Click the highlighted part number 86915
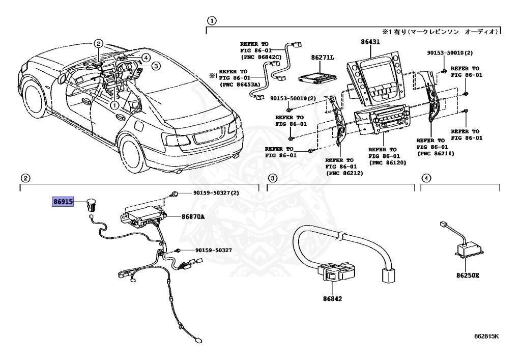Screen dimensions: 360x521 coord(64,202)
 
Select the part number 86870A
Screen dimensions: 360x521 coord(193,216)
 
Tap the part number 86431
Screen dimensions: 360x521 coord(371,42)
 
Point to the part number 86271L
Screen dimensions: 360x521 coord(323,59)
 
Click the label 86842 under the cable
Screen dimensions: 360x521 coord(331,298)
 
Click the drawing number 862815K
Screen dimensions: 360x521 coord(486,337)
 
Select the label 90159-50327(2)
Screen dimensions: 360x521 coord(216,193)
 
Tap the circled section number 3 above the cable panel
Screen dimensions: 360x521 coord(273,178)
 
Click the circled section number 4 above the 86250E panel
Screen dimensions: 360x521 coord(426,178)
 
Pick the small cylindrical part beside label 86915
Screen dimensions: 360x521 coord(92,205)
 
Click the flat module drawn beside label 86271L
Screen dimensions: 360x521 coord(317,77)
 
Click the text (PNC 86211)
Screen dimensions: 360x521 coord(435,153)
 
